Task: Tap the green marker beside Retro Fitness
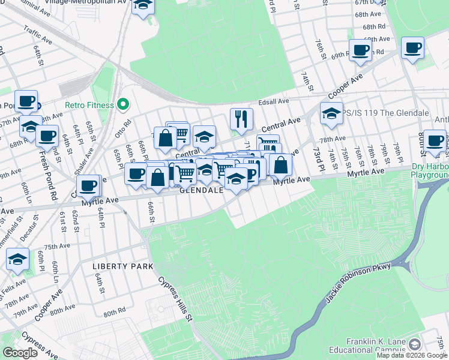124,105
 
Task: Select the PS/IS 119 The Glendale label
386,113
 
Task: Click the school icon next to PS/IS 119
331,113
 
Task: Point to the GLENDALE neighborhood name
202,190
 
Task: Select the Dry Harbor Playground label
429,170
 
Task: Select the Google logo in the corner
20,353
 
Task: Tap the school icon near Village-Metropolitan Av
143,5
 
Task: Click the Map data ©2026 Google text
412,355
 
